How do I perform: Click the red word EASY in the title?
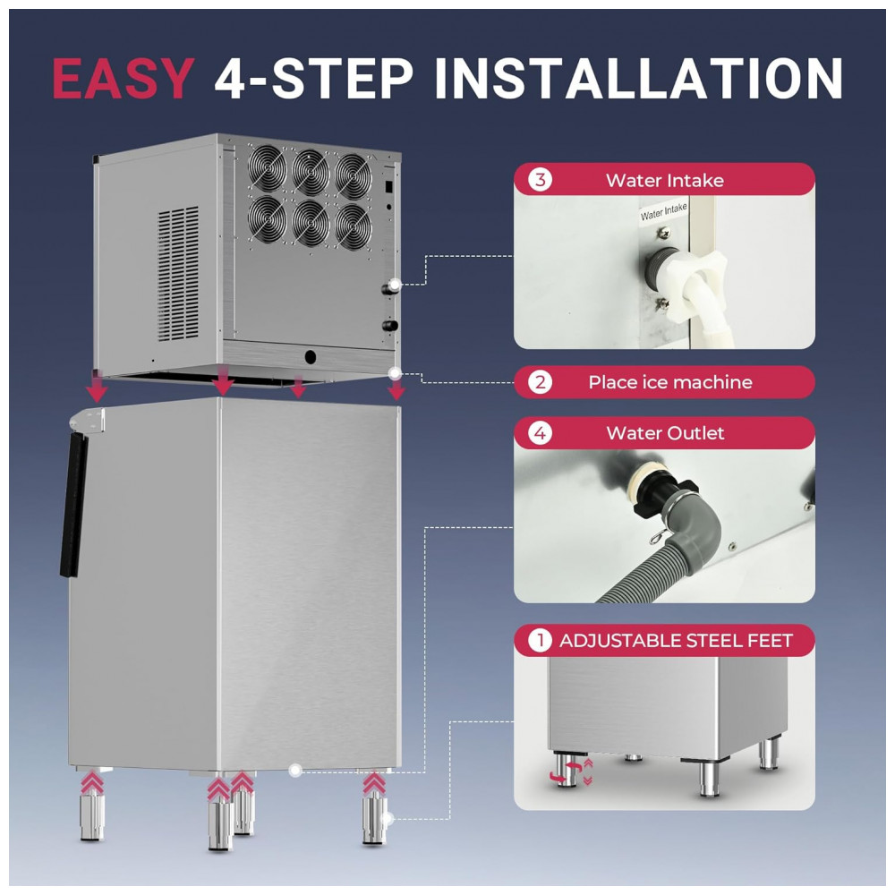tap(124, 78)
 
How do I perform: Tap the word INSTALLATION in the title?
tap(638, 78)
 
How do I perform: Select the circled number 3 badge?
tap(540, 180)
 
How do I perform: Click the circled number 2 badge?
tap(540, 382)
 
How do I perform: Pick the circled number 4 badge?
tap(540, 432)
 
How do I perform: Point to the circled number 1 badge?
tap(540, 641)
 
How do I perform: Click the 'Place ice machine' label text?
tap(670, 382)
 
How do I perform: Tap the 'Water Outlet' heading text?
tap(665, 432)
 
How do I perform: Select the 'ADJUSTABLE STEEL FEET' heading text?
tap(676, 641)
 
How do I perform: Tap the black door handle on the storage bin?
tap(74, 505)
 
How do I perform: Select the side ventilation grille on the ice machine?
tap(178, 274)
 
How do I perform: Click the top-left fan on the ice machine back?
tap(267, 168)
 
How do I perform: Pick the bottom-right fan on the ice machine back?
tap(354, 226)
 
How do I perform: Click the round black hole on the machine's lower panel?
tap(311, 357)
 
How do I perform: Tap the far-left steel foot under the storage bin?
tap(92, 816)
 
